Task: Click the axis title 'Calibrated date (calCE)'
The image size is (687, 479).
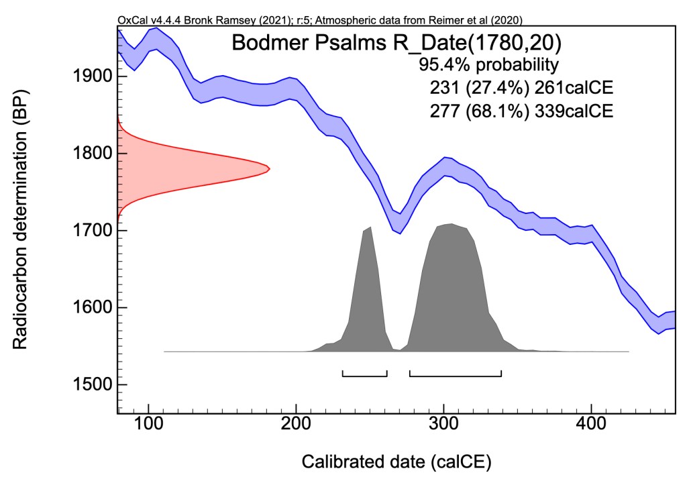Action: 396,462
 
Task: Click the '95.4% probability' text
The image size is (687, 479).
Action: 488,65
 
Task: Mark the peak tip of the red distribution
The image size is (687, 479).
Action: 268,168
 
